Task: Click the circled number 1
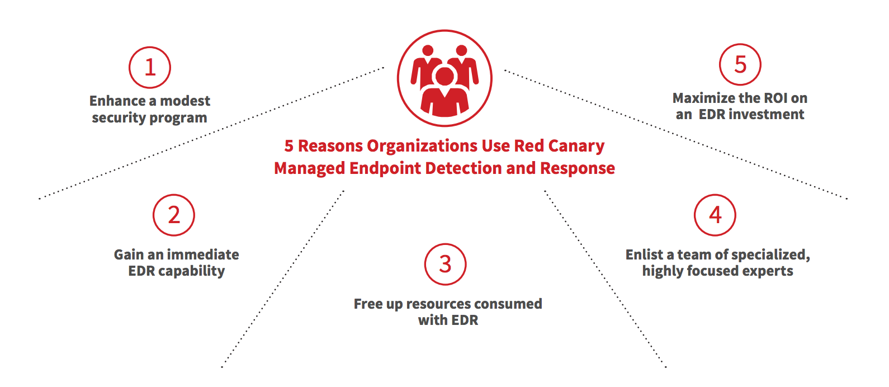(150, 67)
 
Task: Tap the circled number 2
(174, 215)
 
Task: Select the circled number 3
(445, 264)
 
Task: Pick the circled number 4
(715, 215)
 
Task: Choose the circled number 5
(740, 64)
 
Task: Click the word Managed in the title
(309, 168)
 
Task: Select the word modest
(185, 101)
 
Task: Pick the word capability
(192, 271)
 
